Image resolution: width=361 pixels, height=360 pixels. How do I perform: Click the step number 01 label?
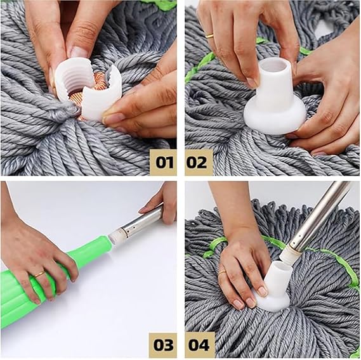coord(164,162)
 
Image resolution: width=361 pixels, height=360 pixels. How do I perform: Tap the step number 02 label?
coord(199,162)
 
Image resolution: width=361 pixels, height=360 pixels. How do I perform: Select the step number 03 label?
coord(164,345)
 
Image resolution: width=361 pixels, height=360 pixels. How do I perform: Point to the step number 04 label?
coord(199,345)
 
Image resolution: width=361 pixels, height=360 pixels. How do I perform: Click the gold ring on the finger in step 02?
coord(210,35)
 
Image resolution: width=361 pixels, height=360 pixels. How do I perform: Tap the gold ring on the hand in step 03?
coord(39,274)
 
